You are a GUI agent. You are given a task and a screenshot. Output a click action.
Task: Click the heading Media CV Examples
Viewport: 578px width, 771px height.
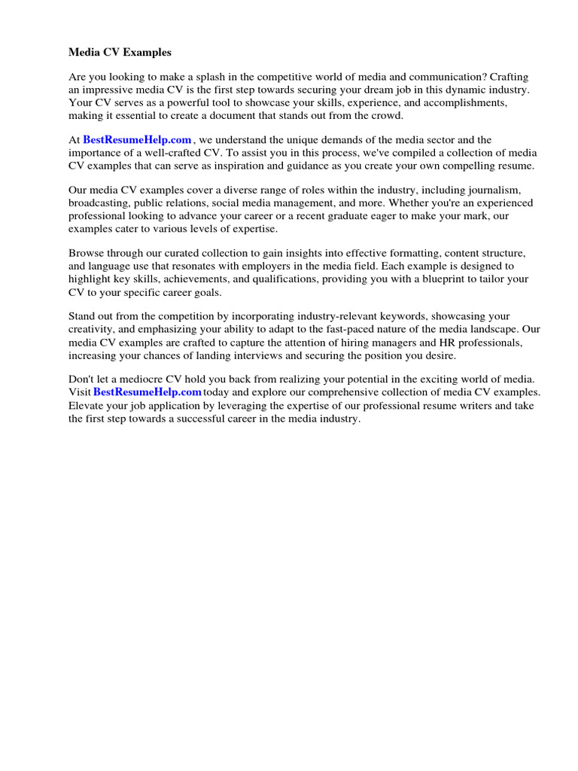click(120, 53)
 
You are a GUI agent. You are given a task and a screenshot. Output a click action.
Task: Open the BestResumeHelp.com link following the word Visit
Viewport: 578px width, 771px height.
click(148, 393)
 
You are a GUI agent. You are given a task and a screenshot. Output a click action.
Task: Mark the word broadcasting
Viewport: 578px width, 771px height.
click(98, 204)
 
